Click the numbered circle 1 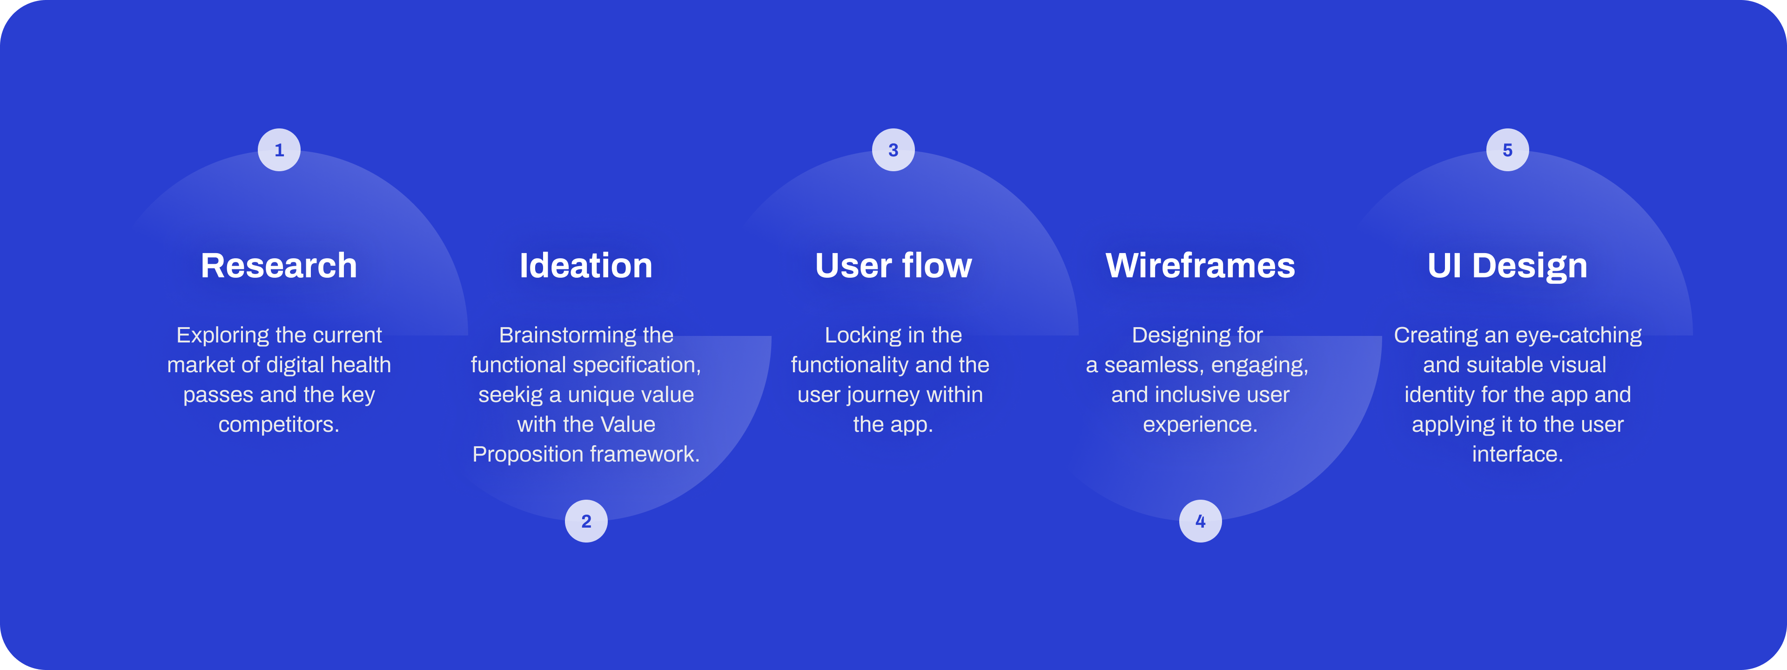tap(279, 150)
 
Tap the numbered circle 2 tap(586, 521)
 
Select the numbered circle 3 tap(893, 150)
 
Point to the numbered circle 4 tap(1200, 521)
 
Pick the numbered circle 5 tap(1507, 150)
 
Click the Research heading tap(279, 266)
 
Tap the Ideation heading tap(586, 266)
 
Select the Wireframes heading tap(1200, 266)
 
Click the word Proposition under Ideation tap(527, 454)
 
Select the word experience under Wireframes tap(1198, 424)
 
